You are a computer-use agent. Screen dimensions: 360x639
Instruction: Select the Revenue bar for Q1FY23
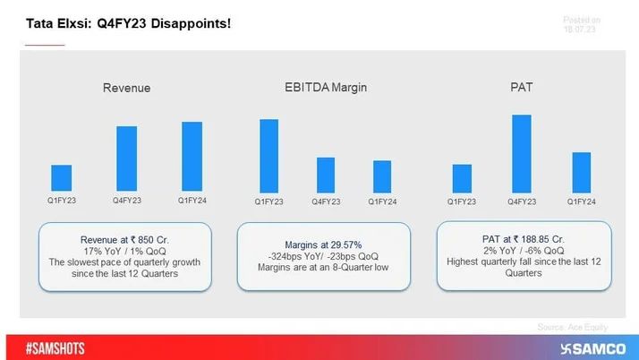pos(61,178)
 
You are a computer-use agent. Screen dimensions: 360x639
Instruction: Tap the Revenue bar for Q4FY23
pos(126,159)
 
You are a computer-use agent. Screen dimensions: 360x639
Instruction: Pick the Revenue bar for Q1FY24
pos(192,157)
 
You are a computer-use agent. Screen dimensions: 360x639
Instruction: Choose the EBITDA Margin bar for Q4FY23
pos(326,175)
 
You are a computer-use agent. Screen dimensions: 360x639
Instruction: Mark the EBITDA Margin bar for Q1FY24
pos(382,176)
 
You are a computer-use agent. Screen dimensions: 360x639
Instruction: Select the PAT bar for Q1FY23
pos(462,178)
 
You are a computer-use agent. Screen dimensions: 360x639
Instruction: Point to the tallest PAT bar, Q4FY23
pos(522,153)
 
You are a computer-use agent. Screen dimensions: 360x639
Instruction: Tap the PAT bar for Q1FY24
pos(582,172)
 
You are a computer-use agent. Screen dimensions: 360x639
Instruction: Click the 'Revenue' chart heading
pos(126,88)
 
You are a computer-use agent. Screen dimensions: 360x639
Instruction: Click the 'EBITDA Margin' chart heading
pos(325,87)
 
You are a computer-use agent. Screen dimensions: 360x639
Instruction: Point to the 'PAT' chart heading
pos(522,87)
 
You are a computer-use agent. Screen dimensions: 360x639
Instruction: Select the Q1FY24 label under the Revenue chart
pos(192,201)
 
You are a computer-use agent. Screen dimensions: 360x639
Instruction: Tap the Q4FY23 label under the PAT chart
pos(522,201)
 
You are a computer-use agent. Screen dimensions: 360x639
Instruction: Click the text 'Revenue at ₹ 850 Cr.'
pos(124,239)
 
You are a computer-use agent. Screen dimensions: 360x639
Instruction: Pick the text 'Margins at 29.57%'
pos(323,244)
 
